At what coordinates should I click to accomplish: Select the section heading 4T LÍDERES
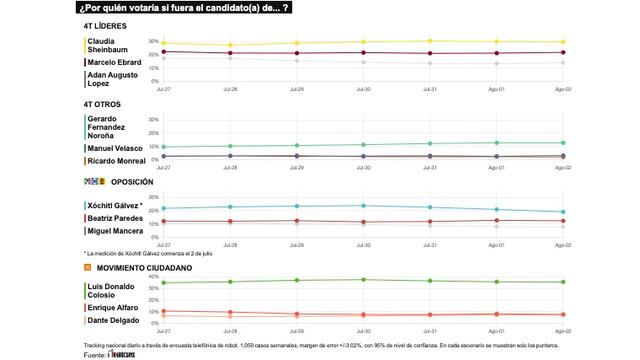110,25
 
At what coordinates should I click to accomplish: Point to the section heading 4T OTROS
106,104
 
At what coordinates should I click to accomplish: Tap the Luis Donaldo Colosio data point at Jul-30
363,280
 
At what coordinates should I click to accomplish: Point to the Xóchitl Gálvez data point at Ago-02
563,212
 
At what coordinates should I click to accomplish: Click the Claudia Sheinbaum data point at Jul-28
230,45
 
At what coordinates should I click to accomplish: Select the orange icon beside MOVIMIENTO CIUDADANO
88,267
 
